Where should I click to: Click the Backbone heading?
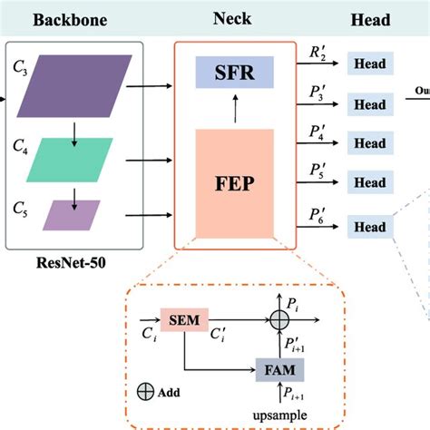tap(72, 19)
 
